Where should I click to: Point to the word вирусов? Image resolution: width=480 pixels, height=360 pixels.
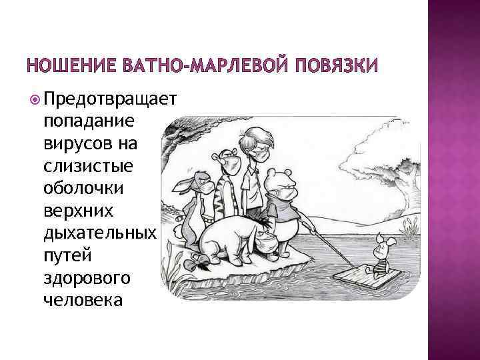[76, 143]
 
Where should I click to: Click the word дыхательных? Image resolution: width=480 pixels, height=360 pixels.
[99, 235]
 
